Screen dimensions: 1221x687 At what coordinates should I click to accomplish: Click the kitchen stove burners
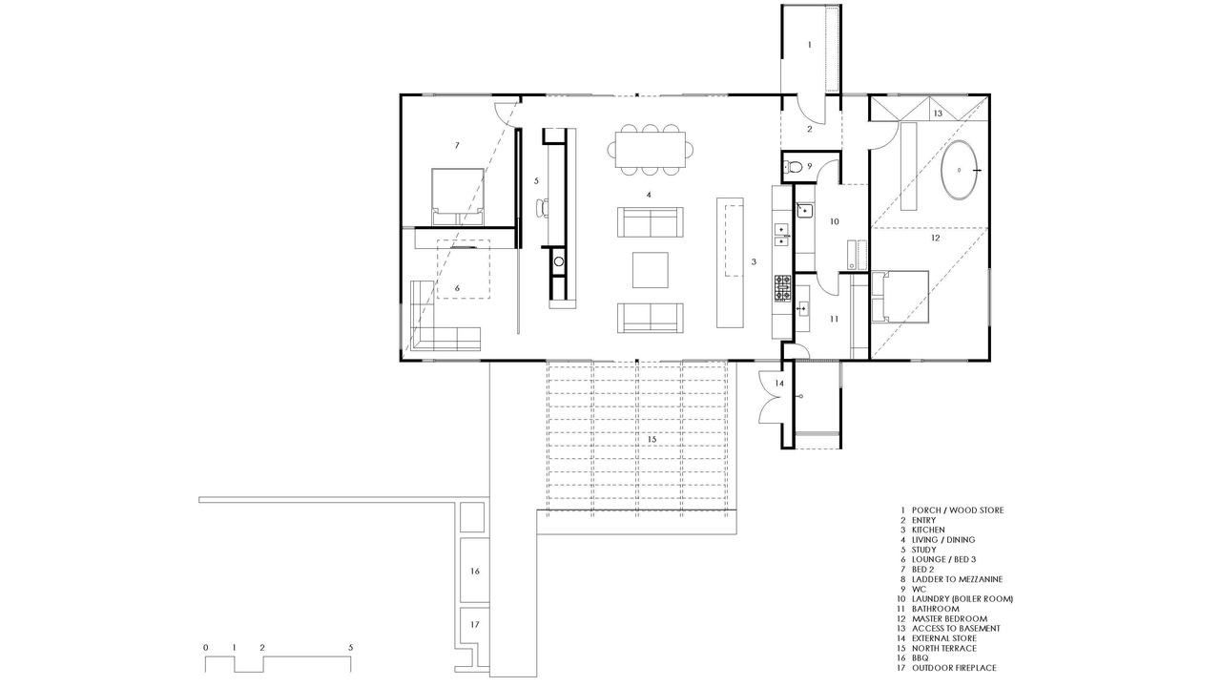783,288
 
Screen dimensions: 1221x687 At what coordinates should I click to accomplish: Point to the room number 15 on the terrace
652,439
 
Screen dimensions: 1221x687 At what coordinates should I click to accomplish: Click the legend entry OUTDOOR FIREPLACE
954,667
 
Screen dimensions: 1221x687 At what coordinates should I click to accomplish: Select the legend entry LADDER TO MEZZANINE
957,579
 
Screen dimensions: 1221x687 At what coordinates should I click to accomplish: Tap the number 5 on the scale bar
350,648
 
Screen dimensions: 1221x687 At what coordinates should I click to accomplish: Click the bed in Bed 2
458,197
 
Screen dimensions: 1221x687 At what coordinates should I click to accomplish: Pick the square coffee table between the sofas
651,269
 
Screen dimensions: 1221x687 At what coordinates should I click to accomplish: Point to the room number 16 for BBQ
475,571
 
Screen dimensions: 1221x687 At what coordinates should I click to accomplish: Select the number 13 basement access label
938,114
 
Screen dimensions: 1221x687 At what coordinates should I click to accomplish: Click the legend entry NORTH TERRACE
944,648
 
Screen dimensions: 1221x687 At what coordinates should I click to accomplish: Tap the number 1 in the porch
810,44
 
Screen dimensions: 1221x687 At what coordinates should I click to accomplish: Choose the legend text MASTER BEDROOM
949,619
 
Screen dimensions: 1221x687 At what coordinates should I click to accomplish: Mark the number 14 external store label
779,384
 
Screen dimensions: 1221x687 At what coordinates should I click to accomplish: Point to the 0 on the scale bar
205,648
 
